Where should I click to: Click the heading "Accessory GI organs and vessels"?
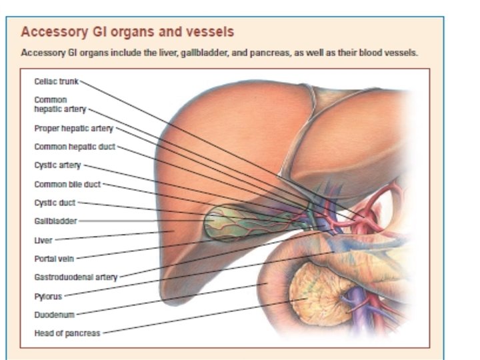pyautogui.click(x=127, y=32)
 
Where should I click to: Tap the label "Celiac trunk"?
pyautogui.click(x=57, y=81)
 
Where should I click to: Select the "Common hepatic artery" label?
pyautogui.click(x=60, y=104)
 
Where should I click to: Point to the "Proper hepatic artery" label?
pyautogui.click(x=73, y=128)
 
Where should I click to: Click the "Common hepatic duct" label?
pyautogui.click(x=74, y=146)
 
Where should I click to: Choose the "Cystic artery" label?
pyautogui.click(x=57, y=165)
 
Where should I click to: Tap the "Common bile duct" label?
pyautogui.click(x=67, y=183)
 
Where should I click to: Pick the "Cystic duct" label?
pyautogui.click(x=55, y=202)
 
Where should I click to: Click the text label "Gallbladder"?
pyautogui.click(x=55, y=221)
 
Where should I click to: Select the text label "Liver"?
pyautogui.click(x=43, y=239)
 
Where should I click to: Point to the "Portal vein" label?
pyautogui.click(x=54, y=258)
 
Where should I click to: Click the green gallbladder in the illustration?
pyautogui.click(x=230, y=222)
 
